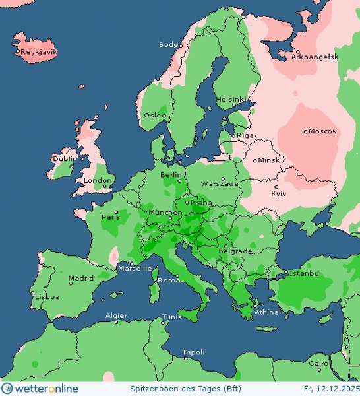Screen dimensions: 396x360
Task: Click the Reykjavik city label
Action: tap(37, 51)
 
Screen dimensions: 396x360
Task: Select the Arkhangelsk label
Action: tap(316, 57)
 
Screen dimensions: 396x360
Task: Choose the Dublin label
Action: tap(65, 158)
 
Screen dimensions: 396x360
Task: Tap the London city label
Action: tap(98, 180)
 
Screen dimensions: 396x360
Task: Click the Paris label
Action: tap(109, 216)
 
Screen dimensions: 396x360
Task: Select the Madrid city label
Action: tap(80, 278)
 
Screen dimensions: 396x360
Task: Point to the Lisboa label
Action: tap(47, 297)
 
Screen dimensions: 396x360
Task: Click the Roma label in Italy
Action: tap(169, 280)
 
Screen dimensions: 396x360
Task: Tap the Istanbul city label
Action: tap(305, 273)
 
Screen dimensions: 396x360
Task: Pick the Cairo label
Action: tap(318, 364)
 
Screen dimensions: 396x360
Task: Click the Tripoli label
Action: tap(194, 352)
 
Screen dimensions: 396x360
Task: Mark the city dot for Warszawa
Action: tap(223, 179)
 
